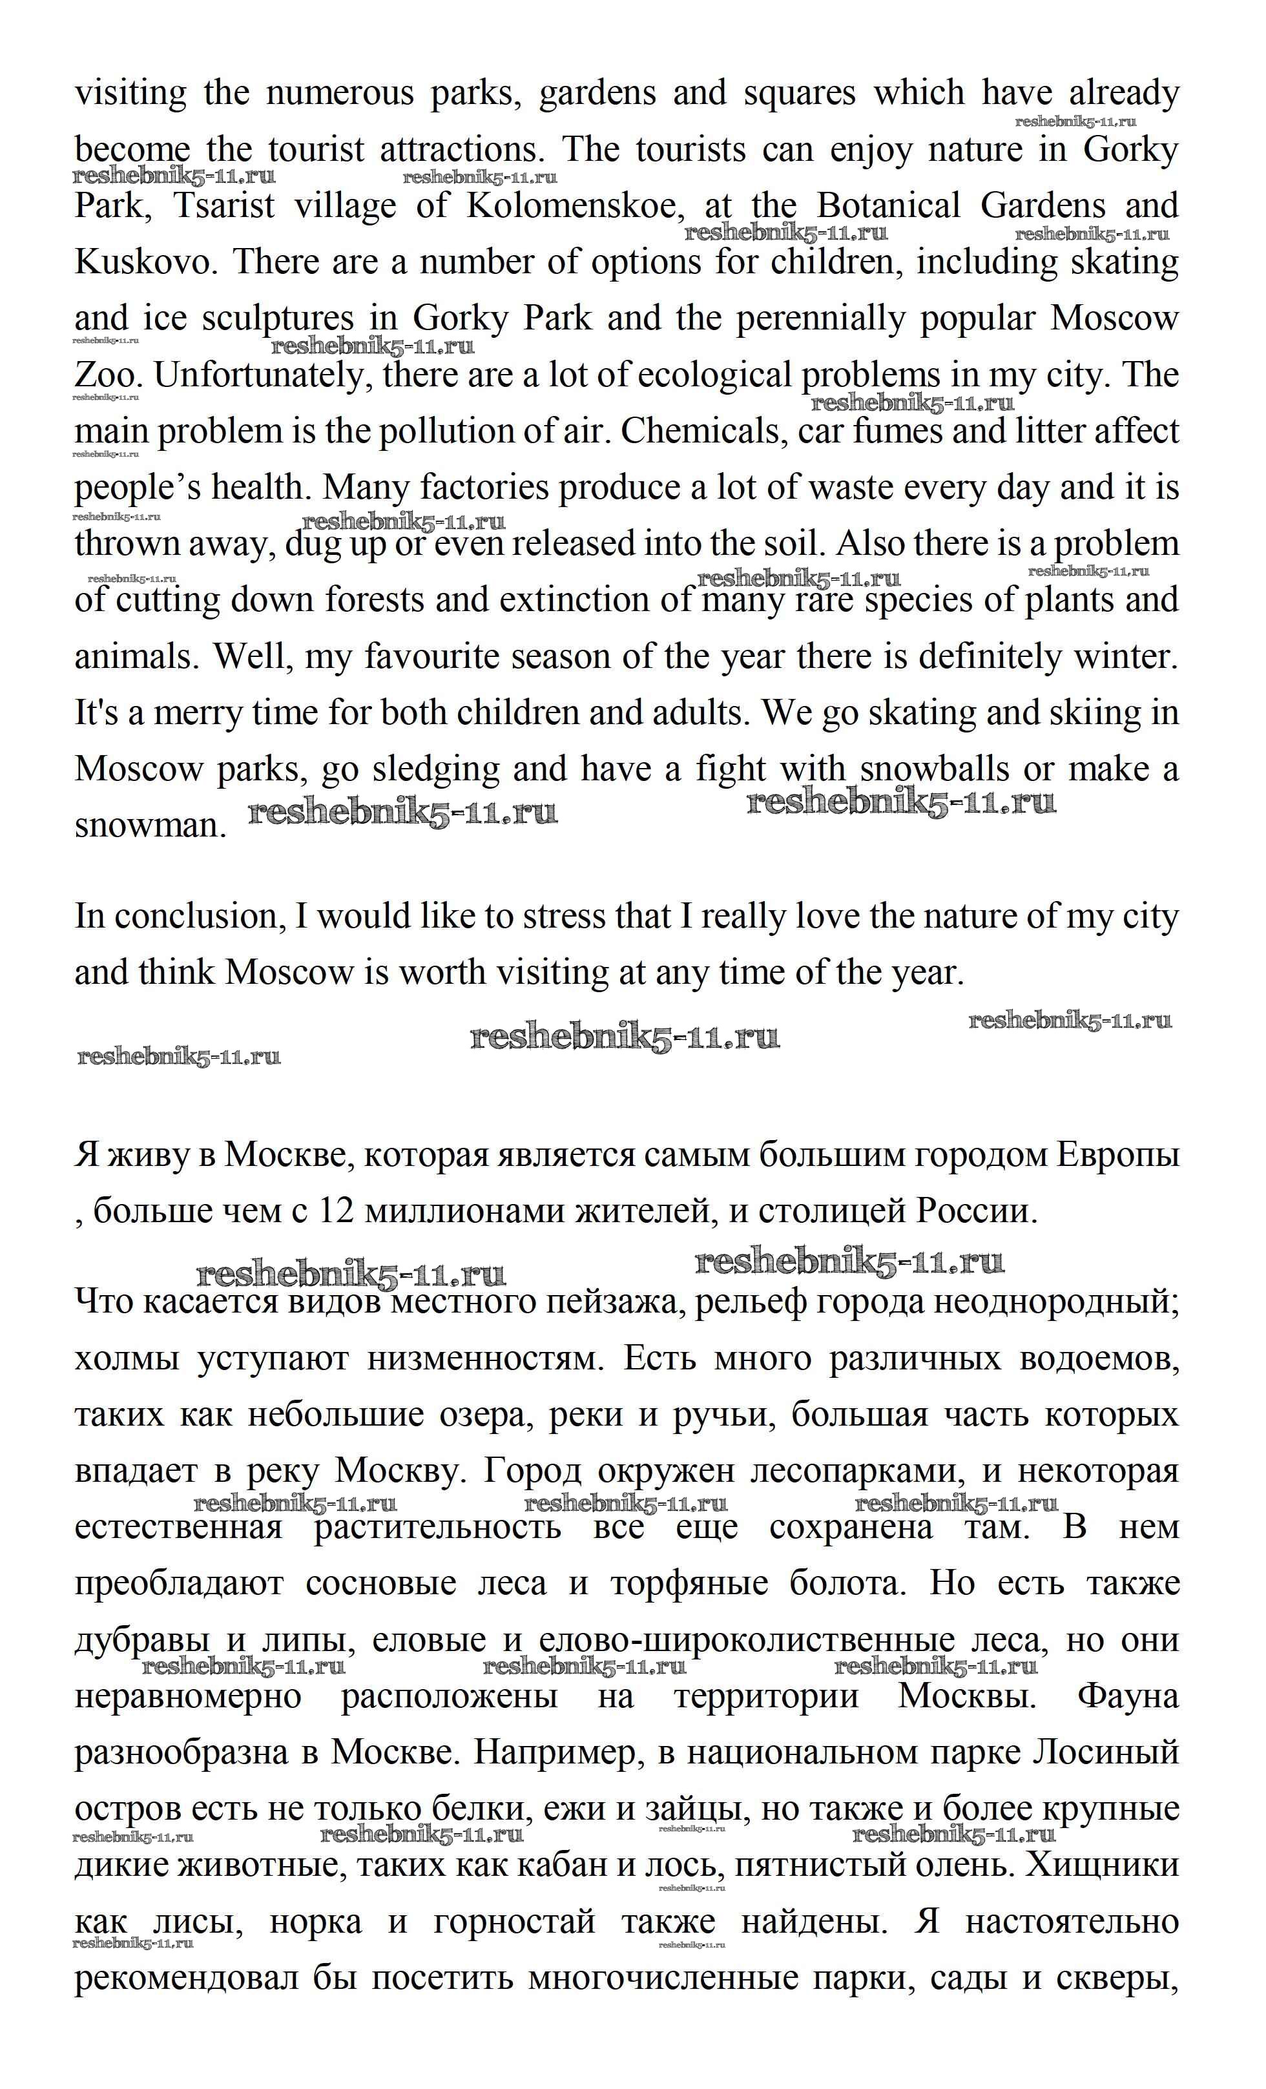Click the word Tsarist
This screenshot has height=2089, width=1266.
pos(225,206)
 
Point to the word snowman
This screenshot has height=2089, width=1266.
pos(149,825)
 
